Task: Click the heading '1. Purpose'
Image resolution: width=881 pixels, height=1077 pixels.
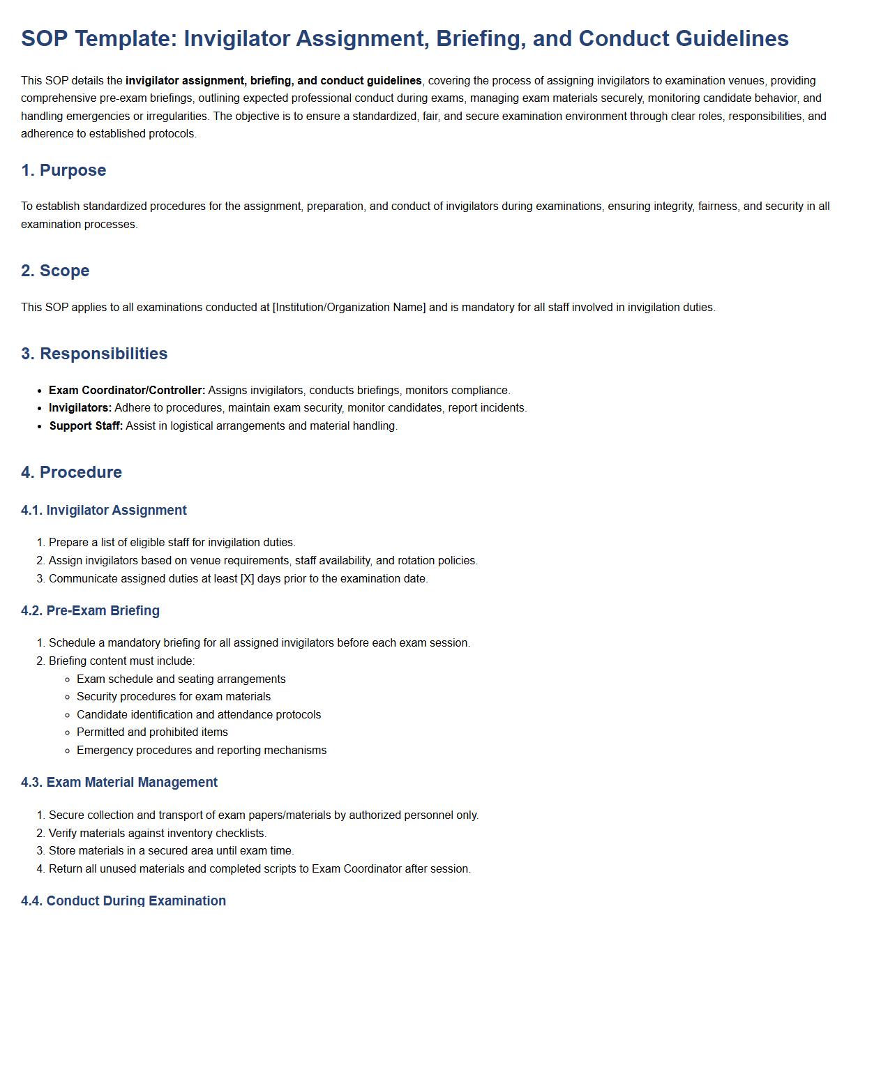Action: click(63, 170)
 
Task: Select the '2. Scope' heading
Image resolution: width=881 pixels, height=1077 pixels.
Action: click(55, 271)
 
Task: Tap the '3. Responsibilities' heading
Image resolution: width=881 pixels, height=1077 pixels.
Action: click(94, 354)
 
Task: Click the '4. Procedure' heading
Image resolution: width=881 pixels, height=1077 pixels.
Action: click(71, 472)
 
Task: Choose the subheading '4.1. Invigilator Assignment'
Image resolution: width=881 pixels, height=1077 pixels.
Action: click(104, 511)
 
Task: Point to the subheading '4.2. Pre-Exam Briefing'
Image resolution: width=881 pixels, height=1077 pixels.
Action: click(90, 611)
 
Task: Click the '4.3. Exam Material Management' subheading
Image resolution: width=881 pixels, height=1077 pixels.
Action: click(119, 783)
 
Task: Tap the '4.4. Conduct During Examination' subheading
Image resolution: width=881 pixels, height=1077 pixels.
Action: click(123, 901)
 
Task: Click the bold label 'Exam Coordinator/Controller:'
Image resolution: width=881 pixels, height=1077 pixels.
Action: click(127, 391)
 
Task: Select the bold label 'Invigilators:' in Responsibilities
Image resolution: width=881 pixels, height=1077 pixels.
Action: click(80, 408)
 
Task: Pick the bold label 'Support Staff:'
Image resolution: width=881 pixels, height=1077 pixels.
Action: click(86, 426)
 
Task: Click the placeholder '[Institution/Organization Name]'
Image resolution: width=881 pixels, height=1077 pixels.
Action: click(349, 308)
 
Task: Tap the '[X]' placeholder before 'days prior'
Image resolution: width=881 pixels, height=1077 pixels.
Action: click(247, 579)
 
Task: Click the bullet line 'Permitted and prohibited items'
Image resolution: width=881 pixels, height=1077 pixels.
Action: click(152, 732)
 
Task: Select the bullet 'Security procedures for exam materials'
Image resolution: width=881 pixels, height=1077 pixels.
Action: click(174, 697)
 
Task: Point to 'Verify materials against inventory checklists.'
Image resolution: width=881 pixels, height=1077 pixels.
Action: click(158, 834)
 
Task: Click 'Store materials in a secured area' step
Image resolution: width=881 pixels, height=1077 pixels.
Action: click(171, 851)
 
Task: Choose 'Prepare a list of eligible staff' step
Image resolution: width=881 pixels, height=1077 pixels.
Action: click(172, 543)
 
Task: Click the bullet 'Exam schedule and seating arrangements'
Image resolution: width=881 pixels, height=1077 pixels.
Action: click(181, 679)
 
